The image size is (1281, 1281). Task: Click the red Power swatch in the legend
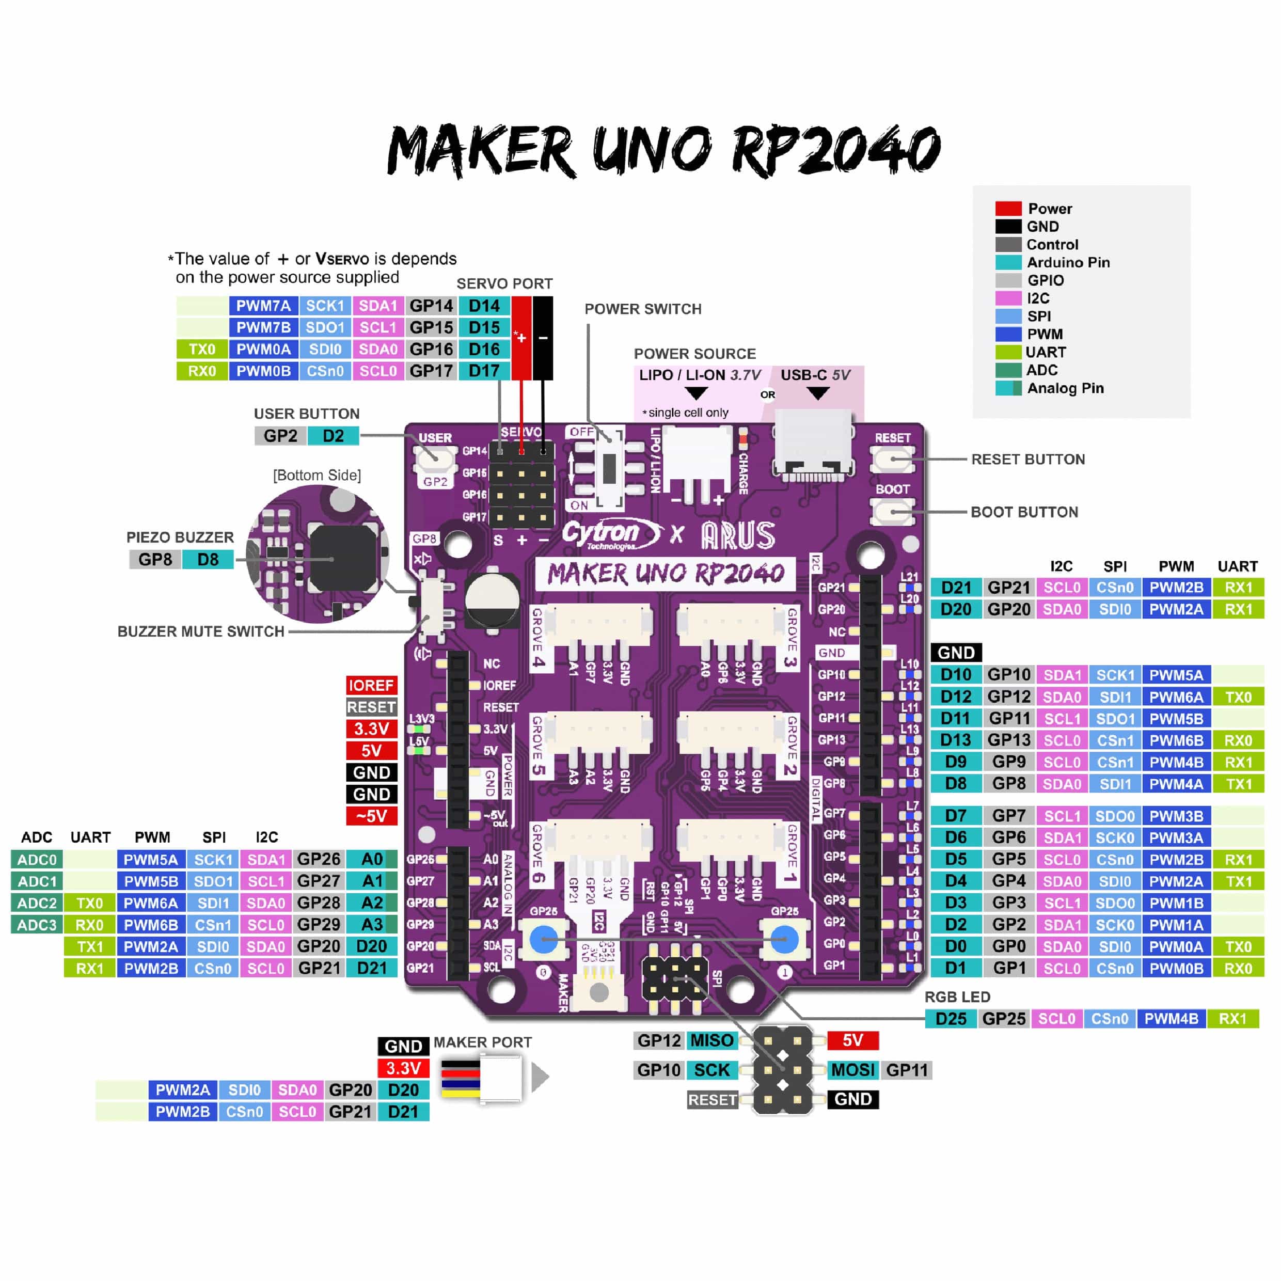click(x=1008, y=208)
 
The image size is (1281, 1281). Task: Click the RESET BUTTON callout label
click(x=1027, y=459)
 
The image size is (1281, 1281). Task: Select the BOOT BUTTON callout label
click(x=1024, y=512)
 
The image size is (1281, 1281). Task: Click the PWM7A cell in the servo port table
click(x=263, y=306)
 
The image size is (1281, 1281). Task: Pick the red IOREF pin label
click(x=371, y=685)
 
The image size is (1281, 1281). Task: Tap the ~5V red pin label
click(x=371, y=816)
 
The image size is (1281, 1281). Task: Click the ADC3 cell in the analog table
click(x=37, y=924)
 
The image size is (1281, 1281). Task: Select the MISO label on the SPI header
click(x=711, y=1040)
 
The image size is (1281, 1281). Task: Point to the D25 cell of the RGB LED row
click(x=951, y=1018)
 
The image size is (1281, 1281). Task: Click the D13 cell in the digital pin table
click(x=955, y=740)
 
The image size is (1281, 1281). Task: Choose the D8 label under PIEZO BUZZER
click(x=208, y=560)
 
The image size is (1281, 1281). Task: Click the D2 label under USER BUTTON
click(x=333, y=436)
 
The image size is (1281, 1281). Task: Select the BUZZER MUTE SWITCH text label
click(x=201, y=631)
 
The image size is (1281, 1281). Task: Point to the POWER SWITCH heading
click(x=642, y=309)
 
